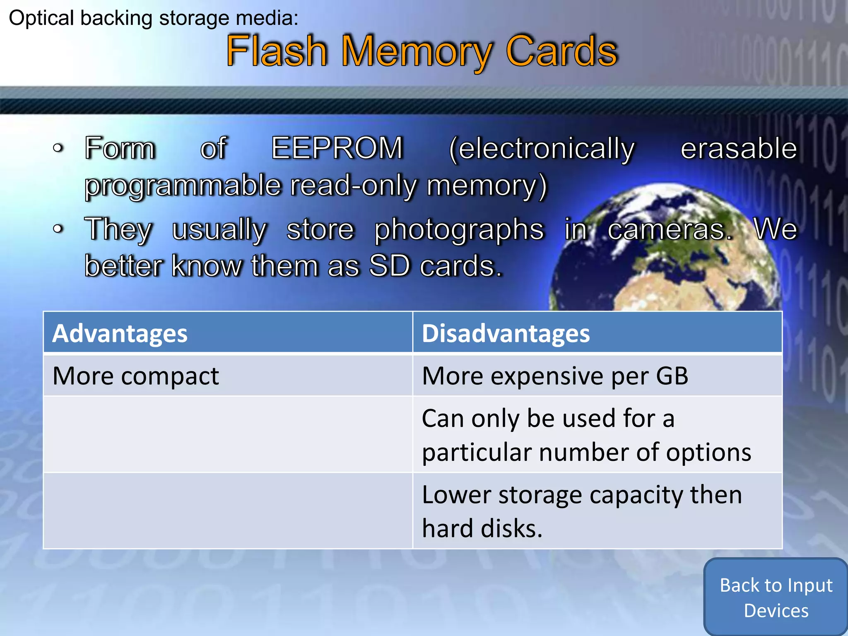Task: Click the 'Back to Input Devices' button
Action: [x=776, y=597]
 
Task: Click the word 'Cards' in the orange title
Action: [x=561, y=51]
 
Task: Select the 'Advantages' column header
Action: [x=120, y=333]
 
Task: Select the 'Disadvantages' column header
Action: [x=506, y=333]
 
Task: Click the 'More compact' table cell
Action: [x=136, y=376]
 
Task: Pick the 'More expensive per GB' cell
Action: [x=555, y=376]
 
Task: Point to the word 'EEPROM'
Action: [x=337, y=148]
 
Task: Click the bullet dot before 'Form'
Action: [x=58, y=148]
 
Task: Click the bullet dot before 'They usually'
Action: [x=58, y=229]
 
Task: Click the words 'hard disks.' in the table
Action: [x=482, y=528]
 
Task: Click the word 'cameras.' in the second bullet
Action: [x=670, y=229]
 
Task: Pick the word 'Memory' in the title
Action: [x=417, y=52]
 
